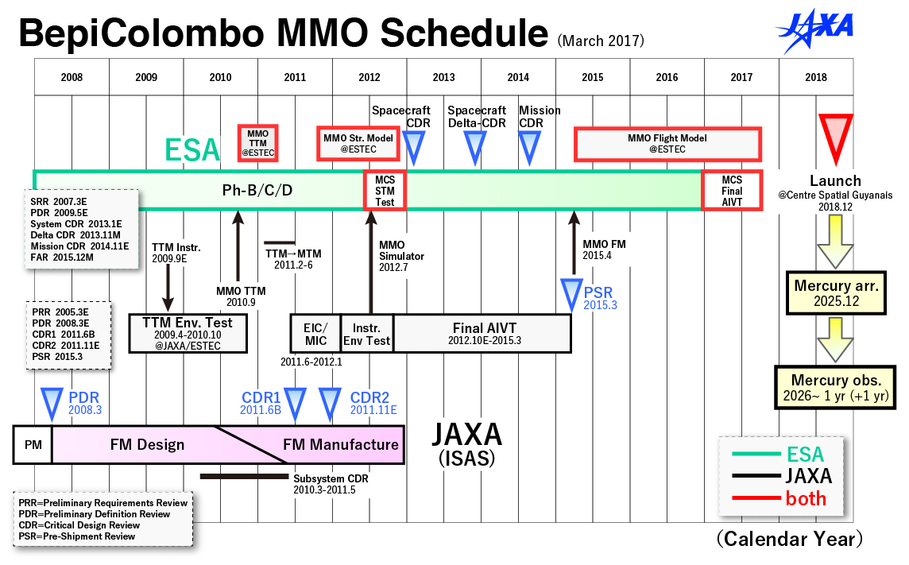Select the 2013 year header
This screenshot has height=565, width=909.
click(443, 77)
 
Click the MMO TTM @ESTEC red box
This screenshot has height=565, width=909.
click(258, 142)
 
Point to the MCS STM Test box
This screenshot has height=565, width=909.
click(385, 190)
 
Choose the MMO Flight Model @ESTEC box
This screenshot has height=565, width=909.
click(667, 144)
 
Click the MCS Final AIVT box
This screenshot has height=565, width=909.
click(732, 190)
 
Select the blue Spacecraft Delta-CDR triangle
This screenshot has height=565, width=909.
click(475, 148)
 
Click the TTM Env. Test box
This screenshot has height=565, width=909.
click(188, 333)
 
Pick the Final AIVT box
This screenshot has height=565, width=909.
click(483, 333)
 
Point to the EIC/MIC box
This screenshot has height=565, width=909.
click(315, 333)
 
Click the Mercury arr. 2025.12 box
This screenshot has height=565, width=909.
click(836, 292)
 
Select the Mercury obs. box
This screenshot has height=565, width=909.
click(835, 387)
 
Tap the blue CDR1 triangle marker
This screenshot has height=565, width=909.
click(295, 404)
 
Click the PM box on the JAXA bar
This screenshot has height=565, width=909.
click(33, 444)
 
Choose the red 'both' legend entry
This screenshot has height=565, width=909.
click(779, 498)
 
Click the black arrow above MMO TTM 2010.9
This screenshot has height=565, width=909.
click(238, 246)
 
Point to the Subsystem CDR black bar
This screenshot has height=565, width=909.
click(244, 476)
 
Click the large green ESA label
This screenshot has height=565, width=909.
click(191, 150)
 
